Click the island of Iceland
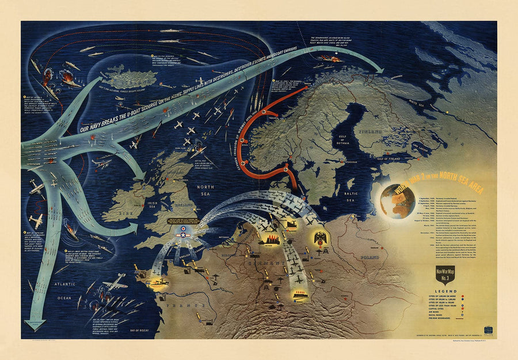coord(129,78)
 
